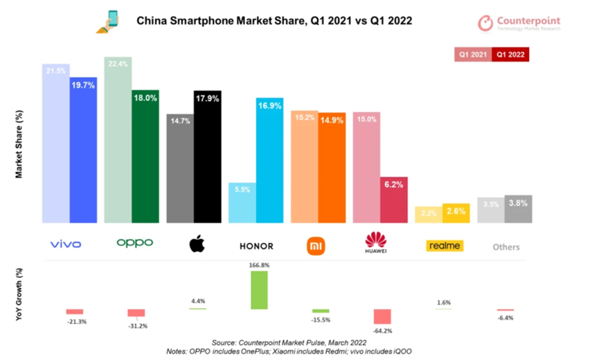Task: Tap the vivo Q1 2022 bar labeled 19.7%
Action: (x=83, y=150)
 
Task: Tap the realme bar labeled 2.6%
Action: (x=456, y=215)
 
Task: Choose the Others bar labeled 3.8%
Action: (x=518, y=209)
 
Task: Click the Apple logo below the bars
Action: (x=197, y=244)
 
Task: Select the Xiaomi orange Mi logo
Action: (x=316, y=245)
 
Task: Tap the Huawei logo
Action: (x=376, y=243)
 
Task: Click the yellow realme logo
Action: (x=445, y=246)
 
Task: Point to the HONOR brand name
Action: (x=256, y=246)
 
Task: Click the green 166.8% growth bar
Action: (x=258, y=290)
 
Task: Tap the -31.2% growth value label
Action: (x=136, y=327)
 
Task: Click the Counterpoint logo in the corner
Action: (x=519, y=23)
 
